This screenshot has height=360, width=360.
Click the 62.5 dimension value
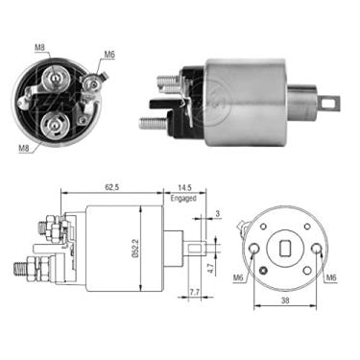click(x=111, y=187)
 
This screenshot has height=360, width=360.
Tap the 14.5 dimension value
click(x=184, y=187)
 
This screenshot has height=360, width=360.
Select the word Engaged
click(x=183, y=198)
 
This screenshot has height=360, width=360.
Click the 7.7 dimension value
click(x=195, y=292)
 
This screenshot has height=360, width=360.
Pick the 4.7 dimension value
click(x=210, y=268)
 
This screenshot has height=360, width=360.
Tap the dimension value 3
click(x=218, y=214)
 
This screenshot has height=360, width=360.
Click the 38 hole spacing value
click(x=285, y=300)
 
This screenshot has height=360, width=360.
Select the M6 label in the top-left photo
click(x=108, y=55)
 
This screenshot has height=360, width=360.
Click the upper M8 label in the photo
click(x=39, y=47)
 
